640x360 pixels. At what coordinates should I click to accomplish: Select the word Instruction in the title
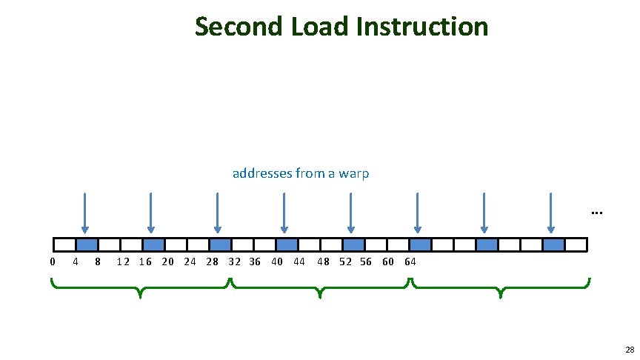tap(422, 27)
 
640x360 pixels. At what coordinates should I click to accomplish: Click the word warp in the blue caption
tap(352, 173)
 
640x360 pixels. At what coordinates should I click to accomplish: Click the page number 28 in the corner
tap(629, 350)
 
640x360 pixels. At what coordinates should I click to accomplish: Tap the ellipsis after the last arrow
tap(597, 213)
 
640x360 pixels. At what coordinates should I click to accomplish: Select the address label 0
tap(52, 261)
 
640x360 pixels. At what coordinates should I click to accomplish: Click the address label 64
tap(410, 261)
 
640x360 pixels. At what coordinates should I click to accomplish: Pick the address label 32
tap(234, 261)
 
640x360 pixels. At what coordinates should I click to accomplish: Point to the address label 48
tap(324, 261)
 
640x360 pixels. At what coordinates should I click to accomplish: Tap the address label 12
tap(123, 261)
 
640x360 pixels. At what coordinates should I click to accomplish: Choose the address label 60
tap(387, 261)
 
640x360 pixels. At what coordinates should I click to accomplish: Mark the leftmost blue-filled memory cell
tap(87, 244)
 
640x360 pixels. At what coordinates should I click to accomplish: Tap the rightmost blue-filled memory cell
tap(553, 244)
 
